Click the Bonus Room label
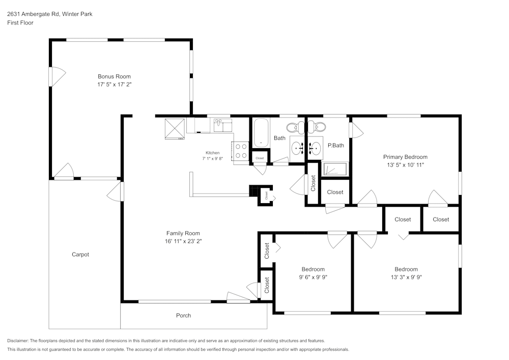pyautogui.click(x=114, y=76)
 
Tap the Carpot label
pyautogui.click(x=80, y=255)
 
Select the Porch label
pyautogui.click(x=183, y=316)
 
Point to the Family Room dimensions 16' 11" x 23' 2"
pyautogui.click(x=183, y=241)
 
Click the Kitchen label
pyautogui.click(x=213, y=153)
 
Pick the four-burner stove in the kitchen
pyautogui.click(x=241, y=151)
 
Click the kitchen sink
pyautogui.click(x=223, y=125)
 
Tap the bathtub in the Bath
pyautogui.click(x=261, y=133)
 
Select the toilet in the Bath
pyautogui.click(x=295, y=127)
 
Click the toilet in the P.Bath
pyautogui.click(x=317, y=127)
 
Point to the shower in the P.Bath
pyautogui.click(x=335, y=169)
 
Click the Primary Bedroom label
pyautogui.click(x=405, y=157)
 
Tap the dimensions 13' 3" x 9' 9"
pyautogui.click(x=406, y=277)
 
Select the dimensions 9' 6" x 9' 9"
pyautogui.click(x=313, y=277)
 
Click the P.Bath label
pyautogui.click(x=335, y=146)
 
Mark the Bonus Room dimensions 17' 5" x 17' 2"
pyautogui.click(x=114, y=85)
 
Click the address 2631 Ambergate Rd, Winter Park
pyautogui.click(x=50, y=14)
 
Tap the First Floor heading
pyautogui.click(x=20, y=23)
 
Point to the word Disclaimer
pyautogui.click(x=18, y=341)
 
